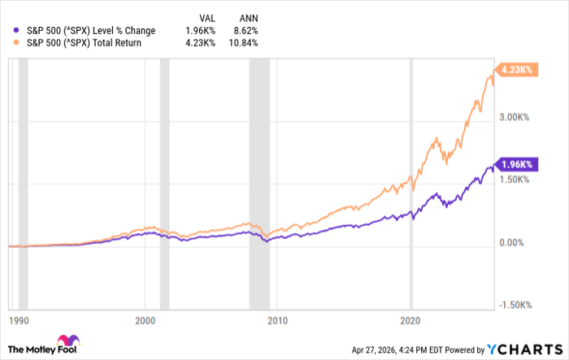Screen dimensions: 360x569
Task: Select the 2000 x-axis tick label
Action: pos(145,320)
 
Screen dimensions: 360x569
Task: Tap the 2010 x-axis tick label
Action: pos(278,320)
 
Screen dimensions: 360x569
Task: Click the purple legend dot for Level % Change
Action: pos(9,31)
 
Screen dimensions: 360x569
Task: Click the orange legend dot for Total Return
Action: pos(9,42)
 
